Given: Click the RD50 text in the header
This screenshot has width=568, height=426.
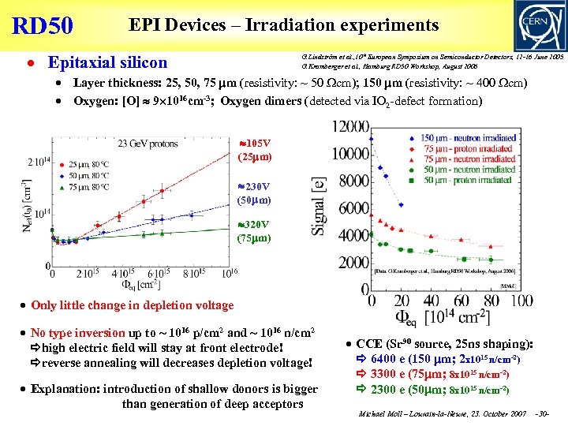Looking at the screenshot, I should [43, 25].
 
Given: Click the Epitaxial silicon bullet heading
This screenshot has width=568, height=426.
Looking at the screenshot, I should [107, 62].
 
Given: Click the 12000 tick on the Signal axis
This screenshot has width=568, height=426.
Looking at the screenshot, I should [349, 126].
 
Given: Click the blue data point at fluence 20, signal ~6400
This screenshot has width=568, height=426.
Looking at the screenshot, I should [400, 204].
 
